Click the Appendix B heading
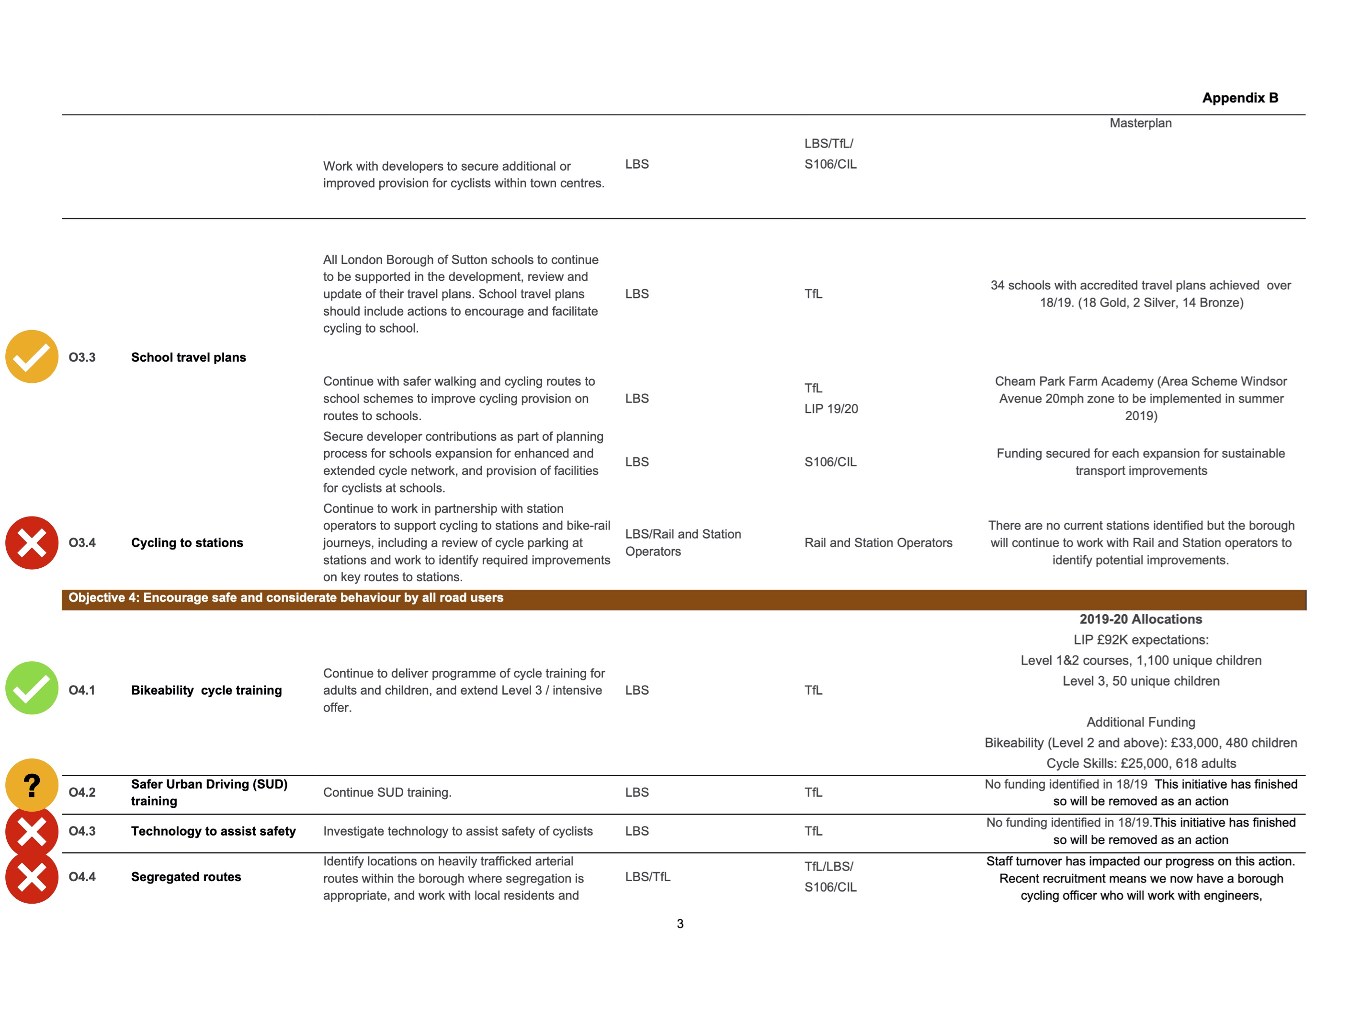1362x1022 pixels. (1239, 98)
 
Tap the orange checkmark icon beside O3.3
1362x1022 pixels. (32, 356)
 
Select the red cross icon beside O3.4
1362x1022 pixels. (32, 543)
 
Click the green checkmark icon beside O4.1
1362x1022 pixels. (32, 688)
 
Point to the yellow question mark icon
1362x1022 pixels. (32, 785)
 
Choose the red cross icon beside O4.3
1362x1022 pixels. (32, 832)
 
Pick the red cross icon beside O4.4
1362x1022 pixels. (32, 877)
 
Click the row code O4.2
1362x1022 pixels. (82, 792)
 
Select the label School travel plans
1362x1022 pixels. (188, 357)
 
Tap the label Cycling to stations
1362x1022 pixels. (187, 543)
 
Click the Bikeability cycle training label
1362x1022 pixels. (206, 690)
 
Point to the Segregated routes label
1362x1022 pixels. (186, 877)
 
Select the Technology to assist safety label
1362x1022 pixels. (213, 831)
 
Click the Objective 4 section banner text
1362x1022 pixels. (286, 597)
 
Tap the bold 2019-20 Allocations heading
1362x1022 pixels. (1140, 619)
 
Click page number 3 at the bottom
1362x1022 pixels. (680, 923)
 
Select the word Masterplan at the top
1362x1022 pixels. (1140, 123)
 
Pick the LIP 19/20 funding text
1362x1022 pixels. (830, 408)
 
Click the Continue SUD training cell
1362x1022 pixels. (387, 792)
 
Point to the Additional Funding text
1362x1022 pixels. (1140, 722)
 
